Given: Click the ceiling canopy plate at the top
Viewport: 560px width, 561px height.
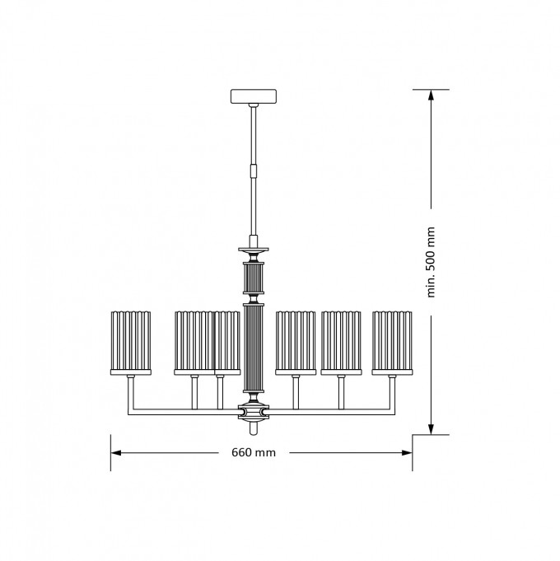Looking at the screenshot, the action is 253,96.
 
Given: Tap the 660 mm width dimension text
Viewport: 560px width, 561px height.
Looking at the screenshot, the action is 254,452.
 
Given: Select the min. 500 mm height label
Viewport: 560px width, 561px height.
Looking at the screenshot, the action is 431,262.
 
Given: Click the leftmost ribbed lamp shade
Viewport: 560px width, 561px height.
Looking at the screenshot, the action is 131,340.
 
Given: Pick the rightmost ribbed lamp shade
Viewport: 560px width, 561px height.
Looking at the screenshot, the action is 392,340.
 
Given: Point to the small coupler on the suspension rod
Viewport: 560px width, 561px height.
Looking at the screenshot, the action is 254,171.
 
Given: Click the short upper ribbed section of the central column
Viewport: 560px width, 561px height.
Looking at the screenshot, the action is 254,278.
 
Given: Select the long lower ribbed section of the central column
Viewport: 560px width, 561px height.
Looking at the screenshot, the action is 254,348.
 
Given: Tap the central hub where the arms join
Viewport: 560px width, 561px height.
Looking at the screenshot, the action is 254,411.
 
